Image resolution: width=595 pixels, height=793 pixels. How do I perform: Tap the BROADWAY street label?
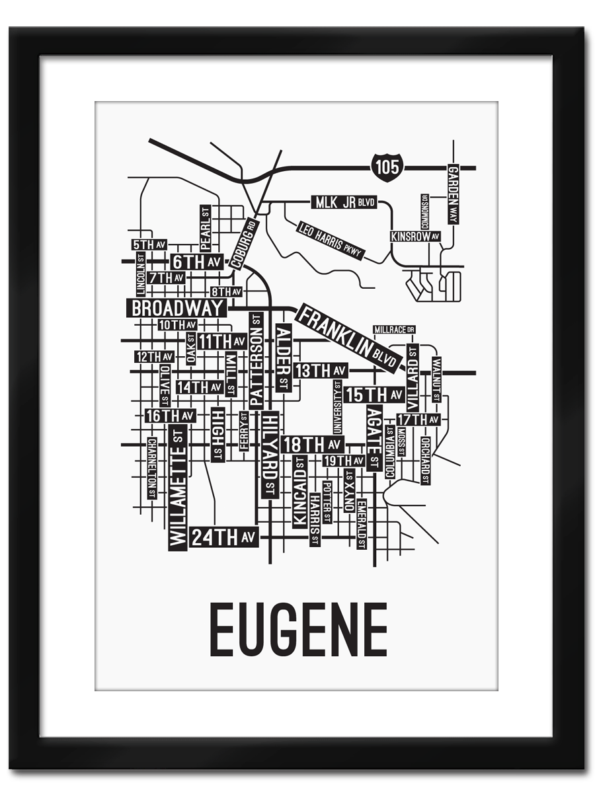click(177, 309)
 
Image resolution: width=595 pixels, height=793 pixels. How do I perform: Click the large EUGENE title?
click(298, 630)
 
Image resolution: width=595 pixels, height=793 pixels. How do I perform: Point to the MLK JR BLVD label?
click(343, 202)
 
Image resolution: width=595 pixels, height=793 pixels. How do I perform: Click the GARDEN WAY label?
click(453, 194)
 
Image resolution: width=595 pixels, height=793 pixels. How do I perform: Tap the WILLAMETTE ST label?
click(178, 488)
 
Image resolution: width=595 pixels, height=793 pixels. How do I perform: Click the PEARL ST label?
click(205, 229)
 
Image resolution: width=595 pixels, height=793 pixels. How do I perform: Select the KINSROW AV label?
click(415, 236)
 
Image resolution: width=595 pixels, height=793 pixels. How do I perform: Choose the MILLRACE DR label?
click(394, 329)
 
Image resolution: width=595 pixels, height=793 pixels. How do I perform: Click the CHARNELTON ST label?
click(152, 468)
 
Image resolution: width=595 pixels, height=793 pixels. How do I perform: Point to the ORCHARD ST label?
click(425, 461)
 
